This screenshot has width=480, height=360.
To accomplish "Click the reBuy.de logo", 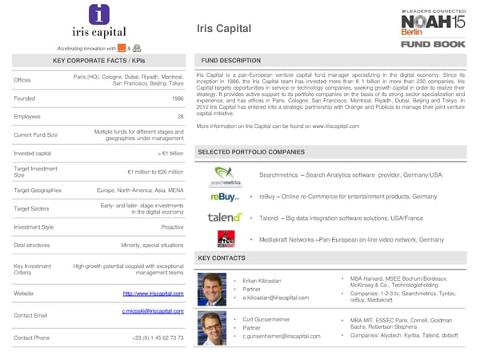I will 224,197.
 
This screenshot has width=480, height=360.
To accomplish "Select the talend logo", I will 225,218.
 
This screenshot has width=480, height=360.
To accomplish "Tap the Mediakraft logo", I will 226,239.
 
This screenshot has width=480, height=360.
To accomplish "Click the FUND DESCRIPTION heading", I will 230,61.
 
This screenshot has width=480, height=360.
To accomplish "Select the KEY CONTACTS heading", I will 221,258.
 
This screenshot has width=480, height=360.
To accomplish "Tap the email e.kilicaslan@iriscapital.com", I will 275,298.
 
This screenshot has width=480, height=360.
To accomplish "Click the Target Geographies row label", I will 38,192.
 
